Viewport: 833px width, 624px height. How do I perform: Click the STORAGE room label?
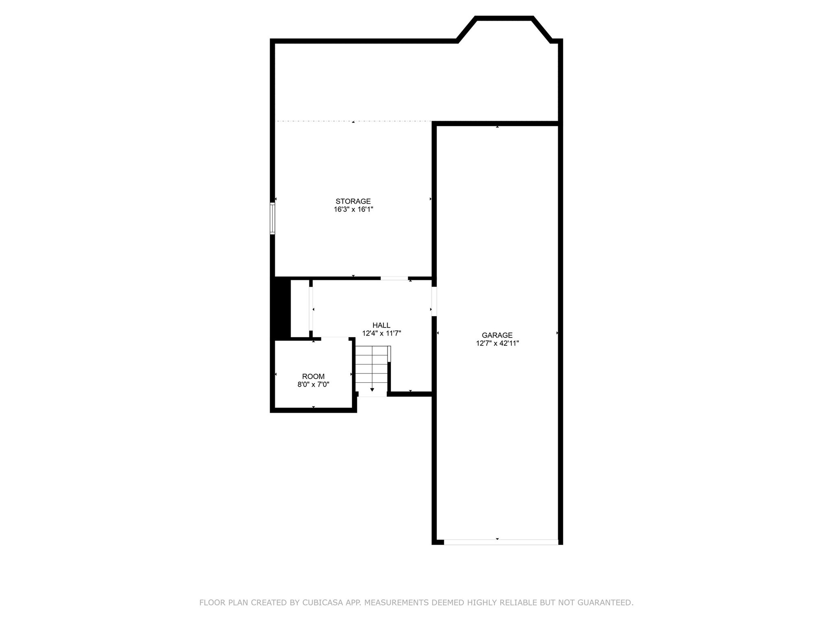pyautogui.click(x=353, y=201)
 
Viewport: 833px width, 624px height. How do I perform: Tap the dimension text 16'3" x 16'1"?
pyautogui.click(x=353, y=210)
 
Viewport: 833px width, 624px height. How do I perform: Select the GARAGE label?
pyautogui.click(x=497, y=335)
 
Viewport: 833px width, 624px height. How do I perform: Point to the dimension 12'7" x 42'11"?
pyautogui.click(x=497, y=343)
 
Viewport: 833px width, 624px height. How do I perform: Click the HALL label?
pyautogui.click(x=381, y=325)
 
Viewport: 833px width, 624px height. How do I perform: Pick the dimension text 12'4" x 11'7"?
pyautogui.click(x=381, y=334)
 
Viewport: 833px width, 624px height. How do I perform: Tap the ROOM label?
pyautogui.click(x=313, y=377)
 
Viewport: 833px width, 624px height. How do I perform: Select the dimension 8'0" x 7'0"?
pyautogui.click(x=313, y=385)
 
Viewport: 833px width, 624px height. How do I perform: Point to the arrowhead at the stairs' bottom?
pyautogui.click(x=372, y=390)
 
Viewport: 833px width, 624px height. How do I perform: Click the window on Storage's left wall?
pyautogui.click(x=273, y=219)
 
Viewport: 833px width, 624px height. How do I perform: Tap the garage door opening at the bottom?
pyautogui.click(x=501, y=542)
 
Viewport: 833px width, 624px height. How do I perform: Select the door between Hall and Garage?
pyautogui.click(x=434, y=301)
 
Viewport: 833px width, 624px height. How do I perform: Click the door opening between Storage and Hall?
pyautogui.click(x=394, y=278)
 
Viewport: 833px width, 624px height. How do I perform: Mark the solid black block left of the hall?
pyautogui.click(x=281, y=308)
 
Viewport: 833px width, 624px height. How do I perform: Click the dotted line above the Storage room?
pyautogui.click(x=353, y=121)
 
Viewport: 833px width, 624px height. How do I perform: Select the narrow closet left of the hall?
pyautogui.click(x=300, y=308)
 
